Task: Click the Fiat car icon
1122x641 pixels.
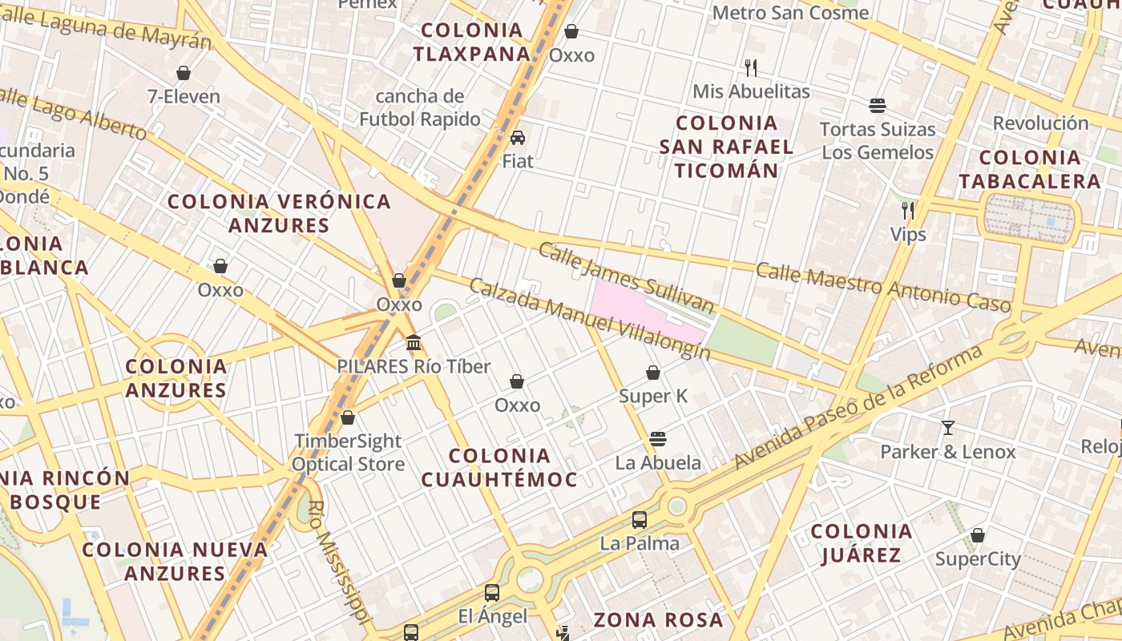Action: pyautogui.click(x=518, y=137)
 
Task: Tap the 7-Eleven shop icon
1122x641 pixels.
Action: pyautogui.click(x=184, y=73)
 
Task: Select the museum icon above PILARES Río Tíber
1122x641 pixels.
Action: pyautogui.click(x=414, y=343)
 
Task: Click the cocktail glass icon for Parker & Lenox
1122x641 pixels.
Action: pyautogui.click(x=948, y=427)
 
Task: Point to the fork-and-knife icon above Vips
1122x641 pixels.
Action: pyautogui.click(x=908, y=211)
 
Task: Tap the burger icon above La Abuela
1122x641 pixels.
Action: pyautogui.click(x=658, y=439)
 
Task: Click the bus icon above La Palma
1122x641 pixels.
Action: pyautogui.click(x=640, y=519)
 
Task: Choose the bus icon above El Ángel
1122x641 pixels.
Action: pyautogui.click(x=492, y=593)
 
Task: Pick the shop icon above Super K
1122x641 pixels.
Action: pyautogui.click(x=653, y=373)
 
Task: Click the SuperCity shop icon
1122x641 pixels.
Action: pyautogui.click(x=978, y=535)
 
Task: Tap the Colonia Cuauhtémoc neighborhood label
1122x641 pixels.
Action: pyautogui.click(x=499, y=468)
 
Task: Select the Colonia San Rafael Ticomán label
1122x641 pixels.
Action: pyautogui.click(x=726, y=147)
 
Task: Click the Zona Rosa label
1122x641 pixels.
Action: pyautogui.click(x=658, y=619)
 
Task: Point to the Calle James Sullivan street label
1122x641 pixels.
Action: pyautogui.click(x=626, y=277)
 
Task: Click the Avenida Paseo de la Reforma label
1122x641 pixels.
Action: pyautogui.click(x=858, y=409)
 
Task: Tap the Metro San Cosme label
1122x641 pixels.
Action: pyautogui.click(x=790, y=13)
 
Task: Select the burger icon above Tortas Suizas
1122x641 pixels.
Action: pyautogui.click(x=878, y=105)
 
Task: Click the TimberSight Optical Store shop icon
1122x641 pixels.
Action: pyautogui.click(x=348, y=417)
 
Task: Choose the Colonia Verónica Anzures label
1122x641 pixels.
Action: pyautogui.click(x=279, y=213)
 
